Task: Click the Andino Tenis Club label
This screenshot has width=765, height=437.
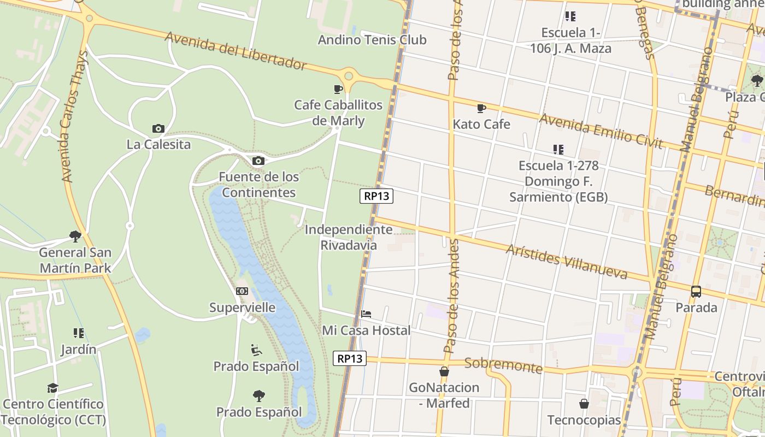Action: [372, 40]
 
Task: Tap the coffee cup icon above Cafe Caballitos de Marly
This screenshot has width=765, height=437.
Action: [338, 89]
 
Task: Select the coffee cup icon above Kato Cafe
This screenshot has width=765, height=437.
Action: [481, 109]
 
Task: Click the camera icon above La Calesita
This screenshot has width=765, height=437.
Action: [158, 129]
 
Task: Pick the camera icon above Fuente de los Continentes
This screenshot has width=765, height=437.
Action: [258, 161]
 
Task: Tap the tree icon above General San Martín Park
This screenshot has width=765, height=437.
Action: [75, 237]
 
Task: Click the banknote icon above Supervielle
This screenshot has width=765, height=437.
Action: [242, 291]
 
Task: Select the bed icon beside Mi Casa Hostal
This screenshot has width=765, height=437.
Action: [366, 314]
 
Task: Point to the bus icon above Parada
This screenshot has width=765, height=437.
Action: [696, 292]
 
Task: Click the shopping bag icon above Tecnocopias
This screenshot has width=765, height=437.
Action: [584, 404]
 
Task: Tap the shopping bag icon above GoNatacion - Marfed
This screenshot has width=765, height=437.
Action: [444, 371]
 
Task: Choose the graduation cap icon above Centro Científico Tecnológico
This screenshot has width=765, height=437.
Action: [52, 388]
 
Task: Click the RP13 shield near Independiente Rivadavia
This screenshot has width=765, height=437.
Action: [376, 196]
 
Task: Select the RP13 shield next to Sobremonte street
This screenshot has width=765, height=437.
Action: [350, 358]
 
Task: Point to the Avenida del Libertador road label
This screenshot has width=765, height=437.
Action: [235, 51]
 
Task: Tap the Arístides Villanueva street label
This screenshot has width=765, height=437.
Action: [567, 261]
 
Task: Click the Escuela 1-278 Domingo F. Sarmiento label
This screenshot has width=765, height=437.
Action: [558, 181]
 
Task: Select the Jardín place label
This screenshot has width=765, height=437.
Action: [79, 349]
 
